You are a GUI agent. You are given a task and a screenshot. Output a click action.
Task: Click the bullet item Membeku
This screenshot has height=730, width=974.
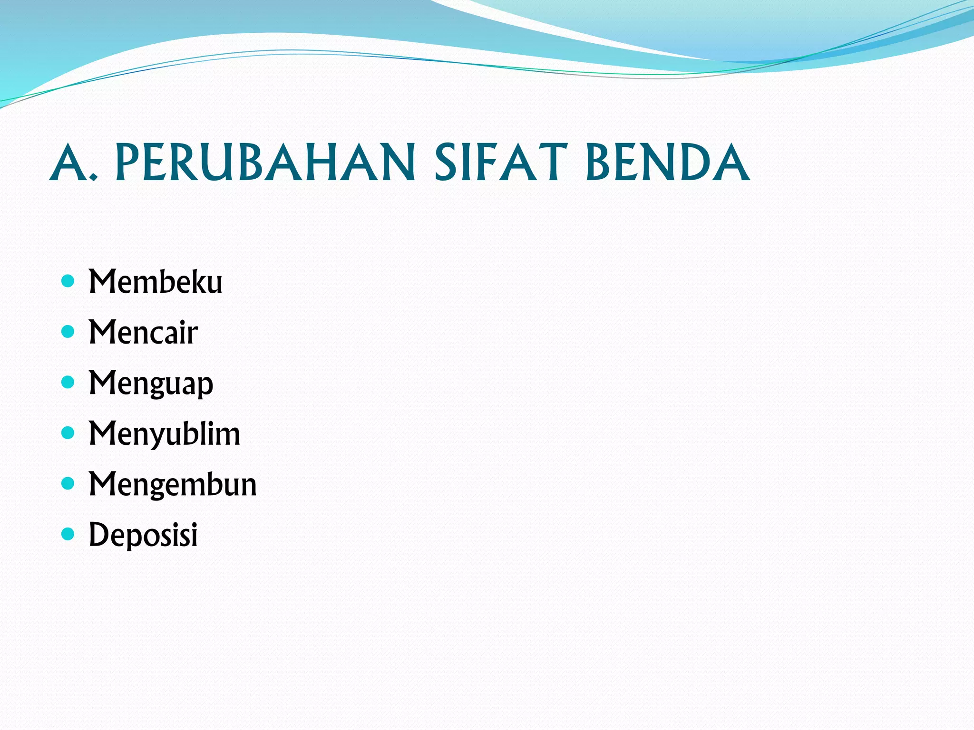pyautogui.click(x=156, y=282)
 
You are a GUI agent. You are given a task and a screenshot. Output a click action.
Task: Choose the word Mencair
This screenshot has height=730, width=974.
pyautogui.click(x=143, y=332)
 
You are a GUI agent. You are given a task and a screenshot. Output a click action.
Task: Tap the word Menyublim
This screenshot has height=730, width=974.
pyautogui.click(x=165, y=434)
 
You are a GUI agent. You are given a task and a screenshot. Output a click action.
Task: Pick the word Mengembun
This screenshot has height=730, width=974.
pyautogui.click(x=173, y=485)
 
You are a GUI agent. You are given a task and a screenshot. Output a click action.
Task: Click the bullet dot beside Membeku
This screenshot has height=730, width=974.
pyautogui.click(x=68, y=281)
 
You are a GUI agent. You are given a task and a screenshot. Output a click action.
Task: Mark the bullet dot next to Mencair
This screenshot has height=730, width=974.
pyautogui.click(x=68, y=331)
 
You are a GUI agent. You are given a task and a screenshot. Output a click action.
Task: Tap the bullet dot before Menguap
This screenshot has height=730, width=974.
pyautogui.click(x=68, y=382)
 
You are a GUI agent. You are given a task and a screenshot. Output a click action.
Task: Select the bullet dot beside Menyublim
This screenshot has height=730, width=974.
pyautogui.click(x=68, y=432)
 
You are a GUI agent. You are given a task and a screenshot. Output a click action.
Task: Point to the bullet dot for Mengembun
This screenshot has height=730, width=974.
pyautogui.click(x=68, y=483)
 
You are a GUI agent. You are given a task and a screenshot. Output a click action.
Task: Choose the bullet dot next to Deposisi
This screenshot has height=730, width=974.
pyautogui.click(x=68, y=534)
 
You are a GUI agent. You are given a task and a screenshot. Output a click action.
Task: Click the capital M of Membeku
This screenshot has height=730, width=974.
pyautogui.click(x=102, y=282)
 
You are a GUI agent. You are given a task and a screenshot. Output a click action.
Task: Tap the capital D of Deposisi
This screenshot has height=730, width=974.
pyautogui.click(x=98, y=535)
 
